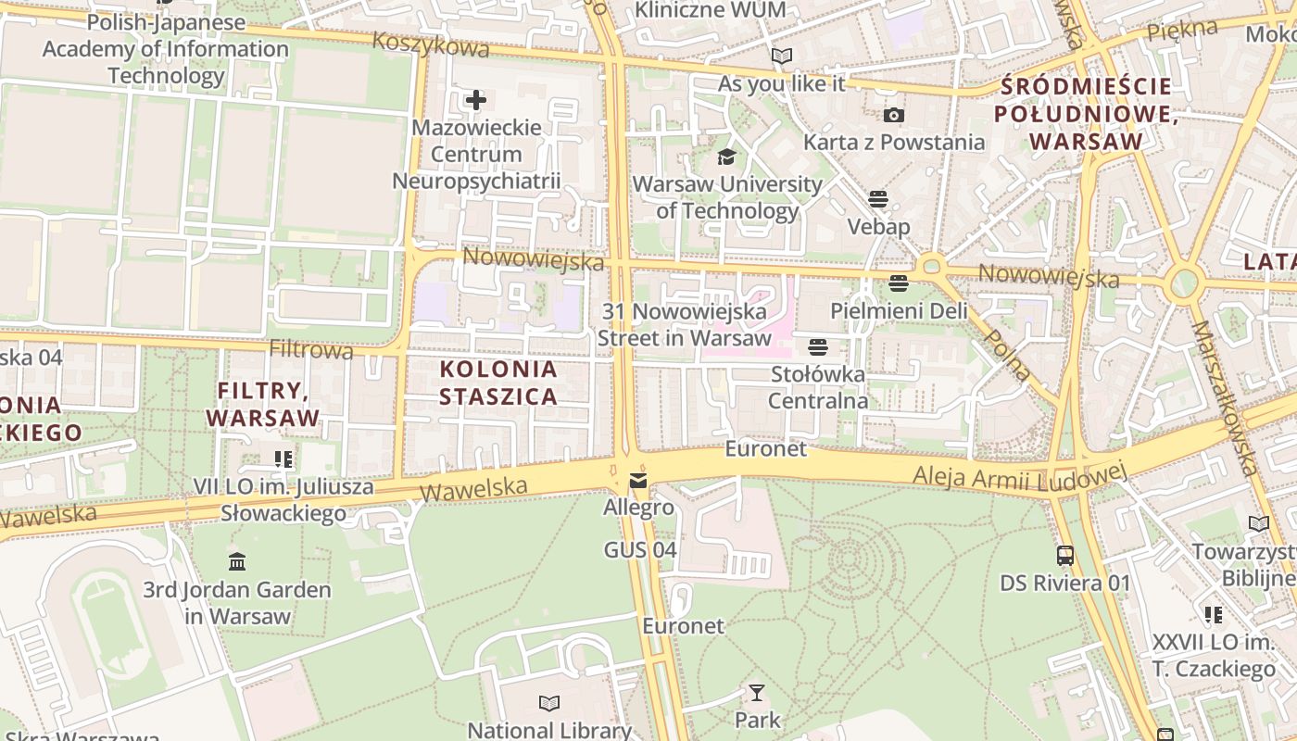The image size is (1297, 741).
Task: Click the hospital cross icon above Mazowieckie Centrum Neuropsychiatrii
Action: click(476, 100)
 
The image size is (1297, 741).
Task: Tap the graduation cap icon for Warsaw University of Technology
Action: click(726, 157)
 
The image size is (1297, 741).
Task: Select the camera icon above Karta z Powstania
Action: click(893, 116)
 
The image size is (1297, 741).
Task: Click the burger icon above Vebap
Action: click(878, 199)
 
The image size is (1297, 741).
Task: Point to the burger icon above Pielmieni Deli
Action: click(898, 283)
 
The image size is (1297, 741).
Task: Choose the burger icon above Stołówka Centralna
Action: click(817, 347)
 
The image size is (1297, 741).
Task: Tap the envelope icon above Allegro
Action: click(638, 481)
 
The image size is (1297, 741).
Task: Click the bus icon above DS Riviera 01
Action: click(1065, 556)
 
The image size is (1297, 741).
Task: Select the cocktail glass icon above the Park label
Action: click(757, 693)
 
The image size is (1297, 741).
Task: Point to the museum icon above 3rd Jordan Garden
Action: click(236, 562)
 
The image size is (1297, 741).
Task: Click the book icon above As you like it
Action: click(782, 57)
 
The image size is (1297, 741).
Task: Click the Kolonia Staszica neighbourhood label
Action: click(498, 383)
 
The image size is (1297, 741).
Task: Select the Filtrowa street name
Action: click(311, 350)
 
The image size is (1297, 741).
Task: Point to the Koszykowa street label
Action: click(431, 44)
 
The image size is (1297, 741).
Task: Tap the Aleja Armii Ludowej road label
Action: click(1019, 477)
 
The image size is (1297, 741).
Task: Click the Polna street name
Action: click(1007, 354)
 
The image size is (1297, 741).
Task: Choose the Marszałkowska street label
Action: click(1223, 398)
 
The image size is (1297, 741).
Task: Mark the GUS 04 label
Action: click(640, 550)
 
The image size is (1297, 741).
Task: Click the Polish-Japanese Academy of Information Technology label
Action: click(166, 49)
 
